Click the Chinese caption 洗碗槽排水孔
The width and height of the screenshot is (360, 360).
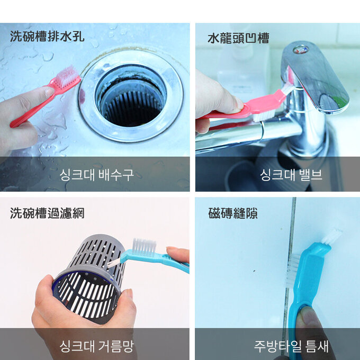[47, 38]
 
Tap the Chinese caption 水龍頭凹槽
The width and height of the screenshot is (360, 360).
[238, 38]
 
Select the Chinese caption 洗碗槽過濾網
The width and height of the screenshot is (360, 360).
[47, 213]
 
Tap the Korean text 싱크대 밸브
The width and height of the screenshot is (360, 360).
[291, 174]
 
